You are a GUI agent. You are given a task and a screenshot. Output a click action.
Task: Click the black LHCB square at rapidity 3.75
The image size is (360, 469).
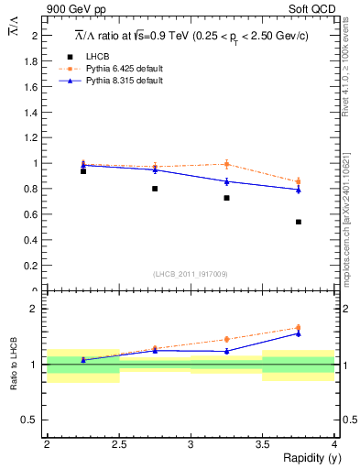[299, 222]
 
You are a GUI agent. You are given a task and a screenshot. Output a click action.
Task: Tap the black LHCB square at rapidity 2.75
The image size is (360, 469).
[155, 189]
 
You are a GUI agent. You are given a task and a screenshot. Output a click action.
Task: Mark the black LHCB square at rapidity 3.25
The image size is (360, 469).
[226, 198]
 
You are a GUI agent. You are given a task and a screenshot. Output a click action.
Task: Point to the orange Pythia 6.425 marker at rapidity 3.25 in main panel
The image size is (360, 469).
[226, 165]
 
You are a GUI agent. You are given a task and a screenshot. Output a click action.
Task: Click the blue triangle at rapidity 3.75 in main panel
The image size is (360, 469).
[299, 190]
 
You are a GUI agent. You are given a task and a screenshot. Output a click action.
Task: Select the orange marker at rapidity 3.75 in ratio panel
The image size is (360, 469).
[299, 328]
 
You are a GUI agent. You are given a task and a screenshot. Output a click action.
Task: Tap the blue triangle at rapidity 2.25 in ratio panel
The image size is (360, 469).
[83, 360]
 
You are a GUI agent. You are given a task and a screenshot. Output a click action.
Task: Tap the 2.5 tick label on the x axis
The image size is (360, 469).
[118, 443]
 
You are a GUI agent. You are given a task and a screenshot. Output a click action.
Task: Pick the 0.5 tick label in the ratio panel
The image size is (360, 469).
[34, 420]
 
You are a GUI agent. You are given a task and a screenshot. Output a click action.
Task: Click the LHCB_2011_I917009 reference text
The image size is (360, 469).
[191, 274]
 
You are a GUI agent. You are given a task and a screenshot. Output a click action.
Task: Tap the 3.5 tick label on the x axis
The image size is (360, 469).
[262, 443]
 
